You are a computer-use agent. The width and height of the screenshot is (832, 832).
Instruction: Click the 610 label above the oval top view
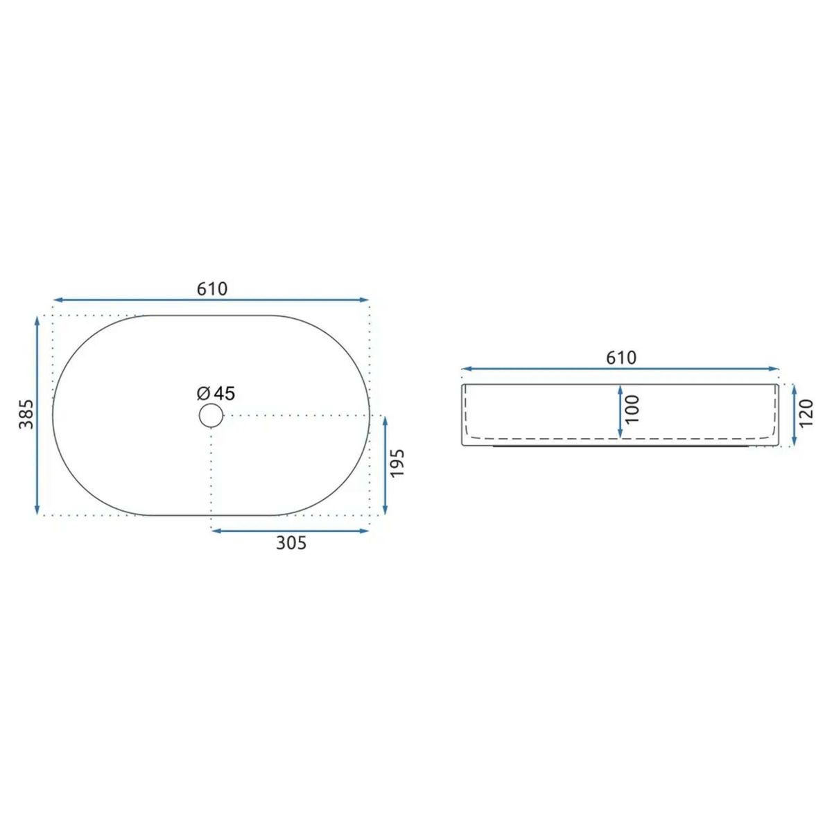click(211, 289)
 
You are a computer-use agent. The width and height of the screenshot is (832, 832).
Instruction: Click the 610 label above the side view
click(621, 358)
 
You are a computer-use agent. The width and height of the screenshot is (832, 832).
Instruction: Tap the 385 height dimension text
click(26, 414)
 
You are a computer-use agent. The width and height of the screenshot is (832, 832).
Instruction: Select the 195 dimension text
click(397, 463)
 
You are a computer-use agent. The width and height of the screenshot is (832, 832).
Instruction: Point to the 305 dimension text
click(291, 543)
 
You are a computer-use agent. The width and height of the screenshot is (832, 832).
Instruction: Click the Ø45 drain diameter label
click(216, 393)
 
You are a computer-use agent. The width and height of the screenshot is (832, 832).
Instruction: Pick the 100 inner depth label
click(632, 409)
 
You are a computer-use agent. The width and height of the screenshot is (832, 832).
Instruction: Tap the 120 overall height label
click(806, 414)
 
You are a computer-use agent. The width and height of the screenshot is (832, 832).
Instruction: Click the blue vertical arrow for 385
click(37, 415)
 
